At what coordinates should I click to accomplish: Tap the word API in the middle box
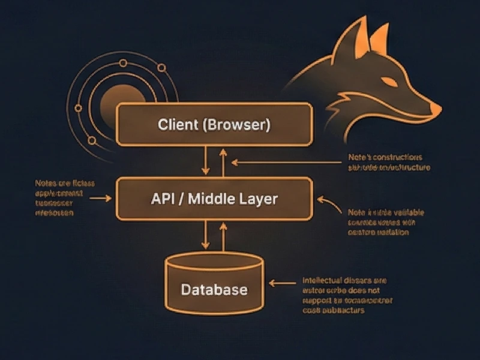point(164,199)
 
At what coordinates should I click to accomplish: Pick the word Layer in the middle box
point(259,199)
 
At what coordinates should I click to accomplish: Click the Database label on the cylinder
point(214,290)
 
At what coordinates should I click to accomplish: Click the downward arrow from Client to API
point(206,161)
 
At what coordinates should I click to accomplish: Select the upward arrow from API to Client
point(223,161)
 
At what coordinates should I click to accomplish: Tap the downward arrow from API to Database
point(206,235)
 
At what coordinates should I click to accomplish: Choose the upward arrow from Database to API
point(223,235)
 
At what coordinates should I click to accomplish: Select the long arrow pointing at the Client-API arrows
point(282,161)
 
